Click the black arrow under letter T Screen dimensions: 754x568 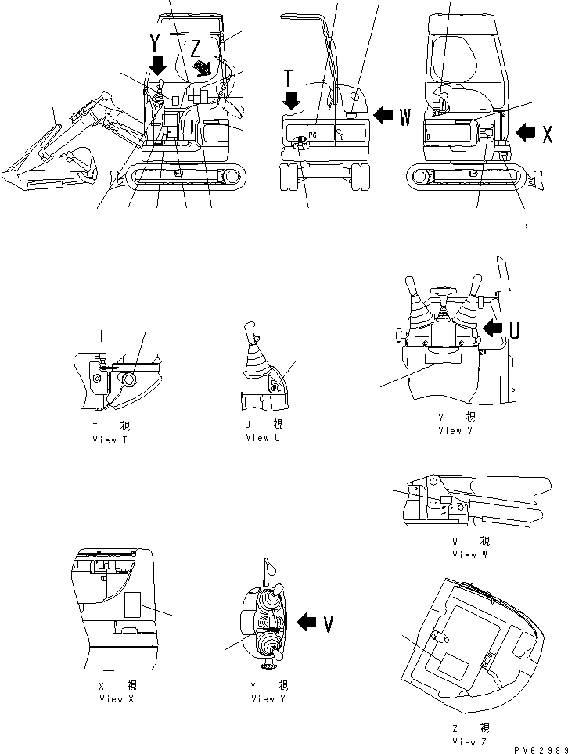tap(292, 99)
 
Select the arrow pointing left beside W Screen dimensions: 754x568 tap(383, 116)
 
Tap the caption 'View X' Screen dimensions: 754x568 tap(117, 698)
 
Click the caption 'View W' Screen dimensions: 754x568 tap(464, 555)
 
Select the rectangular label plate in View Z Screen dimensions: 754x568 tap(453, 666)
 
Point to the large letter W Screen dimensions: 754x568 tap(404, 117)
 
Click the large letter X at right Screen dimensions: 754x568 tap(548, 135)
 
